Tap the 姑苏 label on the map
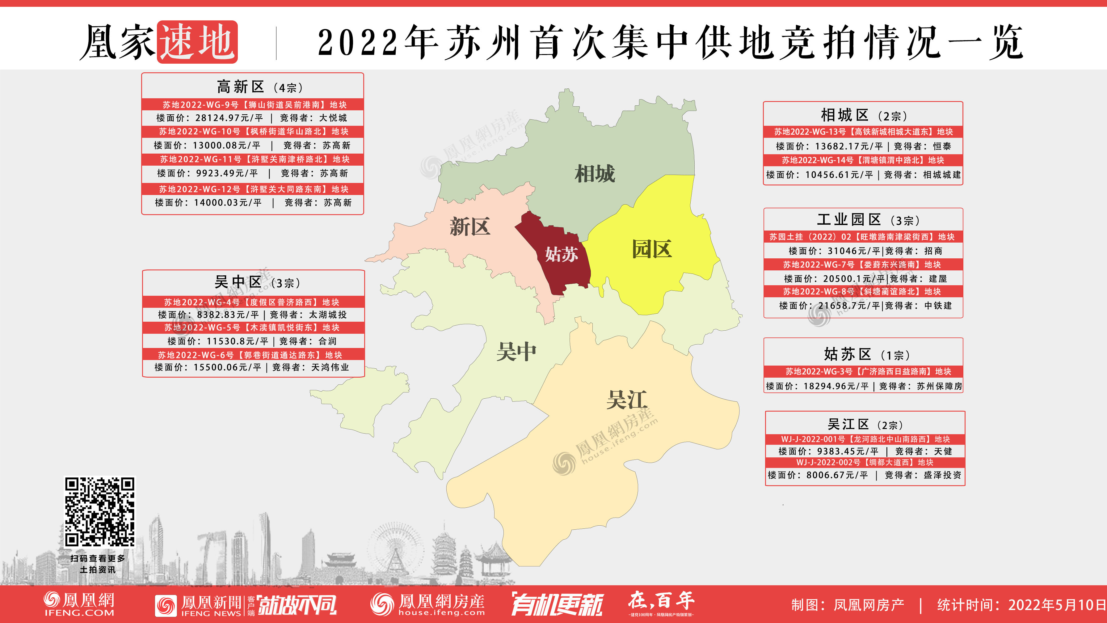pyautogui.click(x=561, y=254)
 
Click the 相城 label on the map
pyautogui.click(x=595, y=174)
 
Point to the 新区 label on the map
pyautogui.click(x=470, y=226)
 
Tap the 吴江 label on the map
pyautogui.click(x=627, y=400)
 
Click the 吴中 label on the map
pyautogui.click(x=516, y=352)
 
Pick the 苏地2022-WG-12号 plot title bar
pyautogui.click(x=253, y=189)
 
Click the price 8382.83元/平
pyautogui.click(x=228, y=315)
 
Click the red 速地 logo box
pyautogui.click(x=197, y=42)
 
